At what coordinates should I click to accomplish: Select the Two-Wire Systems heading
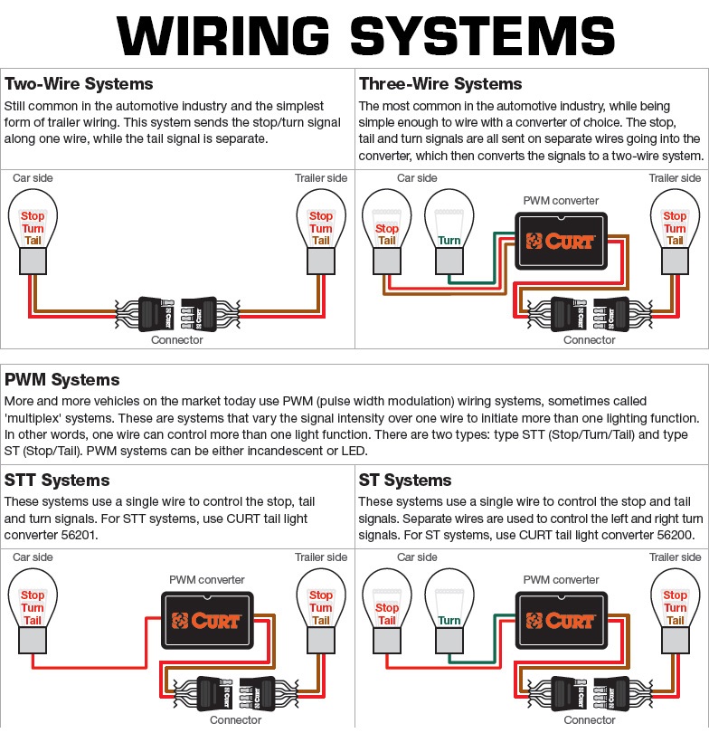coord(79,84)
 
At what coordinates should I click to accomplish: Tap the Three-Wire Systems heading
coord(440,84)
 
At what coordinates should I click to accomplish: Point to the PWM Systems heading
coord(62,380)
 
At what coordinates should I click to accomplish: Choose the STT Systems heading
coord(57,480)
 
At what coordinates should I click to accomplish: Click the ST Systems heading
coord(406,480)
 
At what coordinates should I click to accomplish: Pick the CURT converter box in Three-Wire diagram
coord(561,241)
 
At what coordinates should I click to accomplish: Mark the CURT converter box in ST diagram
coord(561,620)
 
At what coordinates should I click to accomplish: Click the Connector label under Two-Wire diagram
coord(177,340)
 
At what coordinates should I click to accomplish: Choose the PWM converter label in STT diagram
coord(207,579)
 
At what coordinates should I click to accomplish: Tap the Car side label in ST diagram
coord(417,557)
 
